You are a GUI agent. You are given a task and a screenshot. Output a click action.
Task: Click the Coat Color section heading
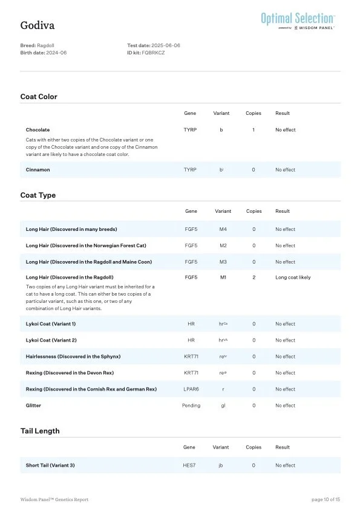pyautogui.click(x=39, y=97)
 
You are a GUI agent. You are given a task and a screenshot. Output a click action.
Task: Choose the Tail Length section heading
pyautogui.click(x=40, y=431)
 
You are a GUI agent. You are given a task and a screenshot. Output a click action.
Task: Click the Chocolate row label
pyautogui.click(x=38, y=130)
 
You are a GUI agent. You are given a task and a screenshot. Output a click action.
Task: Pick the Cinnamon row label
pyautogui.click(x=38, y=170)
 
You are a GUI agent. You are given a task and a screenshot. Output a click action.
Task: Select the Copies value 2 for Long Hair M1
pyautogui.click(x=254, y=277)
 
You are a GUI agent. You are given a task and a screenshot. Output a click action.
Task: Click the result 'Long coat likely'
pyautogui.click(x=293, y=277)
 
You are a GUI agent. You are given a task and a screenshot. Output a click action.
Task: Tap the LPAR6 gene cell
pyautogui.click(x=191, y=389)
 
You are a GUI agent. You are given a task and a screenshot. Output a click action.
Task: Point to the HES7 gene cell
pyautogui.click(x=190, y=465)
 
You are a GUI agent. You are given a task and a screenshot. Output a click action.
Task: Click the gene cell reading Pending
pyautogui.click(x=191, y=406)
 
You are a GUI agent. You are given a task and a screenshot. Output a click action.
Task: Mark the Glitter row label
pyautogui.click(x=33, y=406)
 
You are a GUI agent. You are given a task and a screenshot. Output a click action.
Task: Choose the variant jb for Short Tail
pyautogui.click(x=221, y=465)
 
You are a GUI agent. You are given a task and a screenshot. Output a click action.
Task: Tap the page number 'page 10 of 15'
pyautogui.click(x=326, y=499)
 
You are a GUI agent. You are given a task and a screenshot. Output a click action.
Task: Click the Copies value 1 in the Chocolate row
pyautogui.click(x=253, y=130)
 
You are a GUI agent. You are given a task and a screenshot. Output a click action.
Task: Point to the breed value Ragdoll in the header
pyautogui.click(x=45, y=46)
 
